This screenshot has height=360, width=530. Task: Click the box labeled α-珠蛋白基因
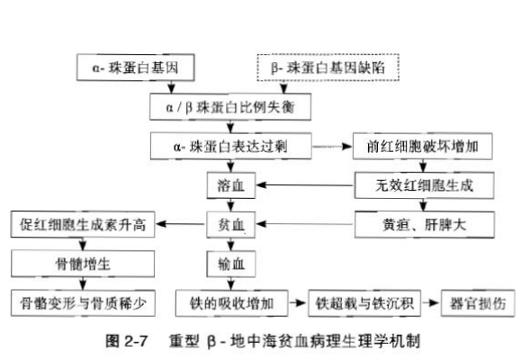[x=136, y=67]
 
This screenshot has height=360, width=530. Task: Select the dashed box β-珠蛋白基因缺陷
[x=328, y=67]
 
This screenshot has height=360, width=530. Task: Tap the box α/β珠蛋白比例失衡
[x=230, y=107]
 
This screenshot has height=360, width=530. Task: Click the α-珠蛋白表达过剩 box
[x=231, y=146]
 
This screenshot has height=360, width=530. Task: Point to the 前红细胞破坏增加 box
[x=423, y=146]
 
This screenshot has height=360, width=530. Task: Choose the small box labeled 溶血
[x=231, y=185]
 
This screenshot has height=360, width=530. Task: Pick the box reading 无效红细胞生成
[x=424, y=185]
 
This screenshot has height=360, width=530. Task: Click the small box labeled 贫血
[x=231, y=224]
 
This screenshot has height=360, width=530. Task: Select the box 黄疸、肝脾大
[x=424, y=224]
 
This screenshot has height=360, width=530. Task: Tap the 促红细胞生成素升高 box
[x=83, y=224]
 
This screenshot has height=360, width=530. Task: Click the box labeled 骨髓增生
[x=83, y=264]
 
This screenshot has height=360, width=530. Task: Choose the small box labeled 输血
[x=231, y=264]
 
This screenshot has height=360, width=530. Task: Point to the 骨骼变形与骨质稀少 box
[x=83, y=303]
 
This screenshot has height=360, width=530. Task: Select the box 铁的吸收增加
[x=231, y=303]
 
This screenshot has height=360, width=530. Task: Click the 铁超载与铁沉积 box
[x=364, y=303]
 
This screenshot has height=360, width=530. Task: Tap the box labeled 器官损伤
[x=478, y=303]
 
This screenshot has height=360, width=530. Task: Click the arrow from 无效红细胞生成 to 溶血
[x=305, y=184]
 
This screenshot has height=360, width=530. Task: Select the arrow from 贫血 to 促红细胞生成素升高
[x=181, y=224]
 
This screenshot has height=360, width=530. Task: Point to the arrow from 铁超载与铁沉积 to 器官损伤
[x=431, y=302]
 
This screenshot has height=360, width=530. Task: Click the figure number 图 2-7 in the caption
[x=126, y=341]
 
